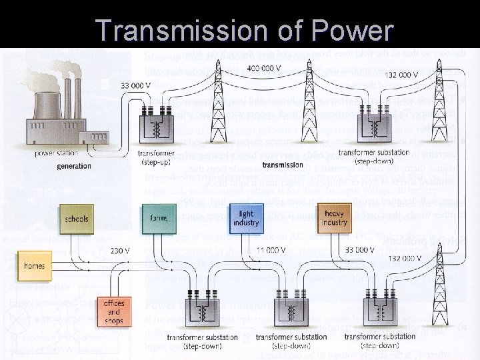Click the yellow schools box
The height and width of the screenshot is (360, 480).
[x=77, y=219]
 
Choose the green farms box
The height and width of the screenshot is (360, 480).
[x=159, y=218]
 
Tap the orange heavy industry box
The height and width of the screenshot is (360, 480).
[x=335, y=218]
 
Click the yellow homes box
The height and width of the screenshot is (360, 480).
[x=34, y=265]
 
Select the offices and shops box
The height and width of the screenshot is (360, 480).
[x=114, y=312]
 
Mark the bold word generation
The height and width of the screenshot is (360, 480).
[x=74, y=166]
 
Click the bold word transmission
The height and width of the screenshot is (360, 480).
[x=283, y=165]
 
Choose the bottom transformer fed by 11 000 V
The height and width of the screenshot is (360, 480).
[x=291, y=311]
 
